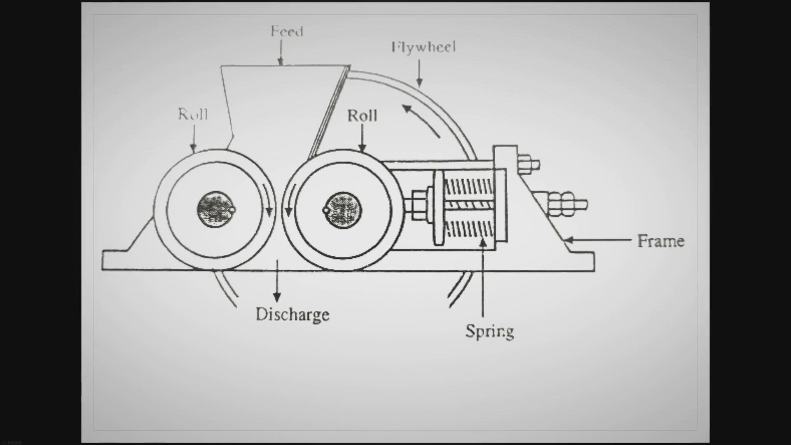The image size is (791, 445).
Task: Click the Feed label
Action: [x=287, y=31]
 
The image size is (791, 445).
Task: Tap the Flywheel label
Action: [x=424, y=47]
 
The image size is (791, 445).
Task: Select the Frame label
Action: [x=660, y=241]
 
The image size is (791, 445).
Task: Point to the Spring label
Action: [x=489, y=331]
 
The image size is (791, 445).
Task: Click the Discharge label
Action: [x=293, y=315]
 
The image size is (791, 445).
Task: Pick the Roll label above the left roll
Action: [x=193, y=114]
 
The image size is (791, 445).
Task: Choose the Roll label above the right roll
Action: [x=362, y=116]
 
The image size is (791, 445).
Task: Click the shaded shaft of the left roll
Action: [x=215, y=209]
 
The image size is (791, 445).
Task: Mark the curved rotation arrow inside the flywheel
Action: [x=420, y=119]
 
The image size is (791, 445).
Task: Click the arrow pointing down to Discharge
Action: [x=277, y=280]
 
